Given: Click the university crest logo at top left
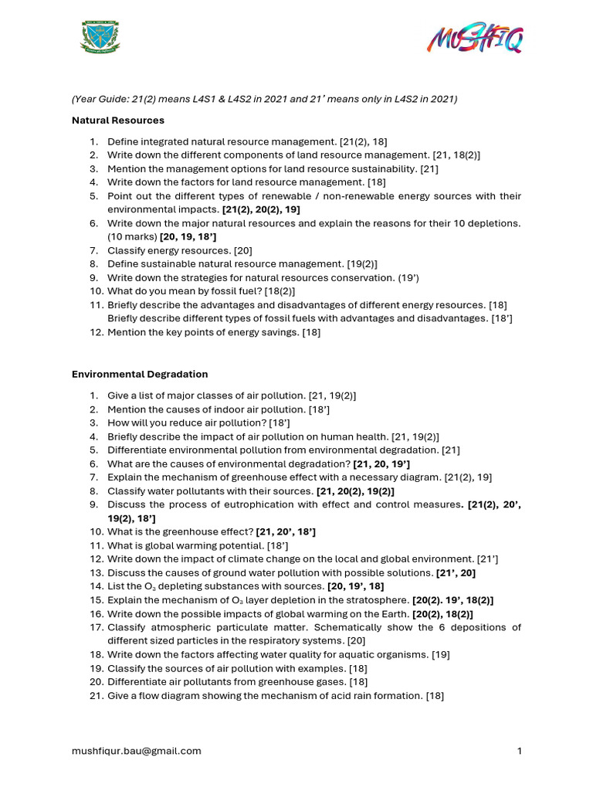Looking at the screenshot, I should [100, 38].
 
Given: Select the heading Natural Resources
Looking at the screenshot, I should [118, 121].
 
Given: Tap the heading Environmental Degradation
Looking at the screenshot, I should [140, 374].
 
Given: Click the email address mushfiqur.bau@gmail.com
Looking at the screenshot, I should [137, 751].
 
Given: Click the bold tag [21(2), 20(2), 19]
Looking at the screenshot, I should [261, 209].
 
